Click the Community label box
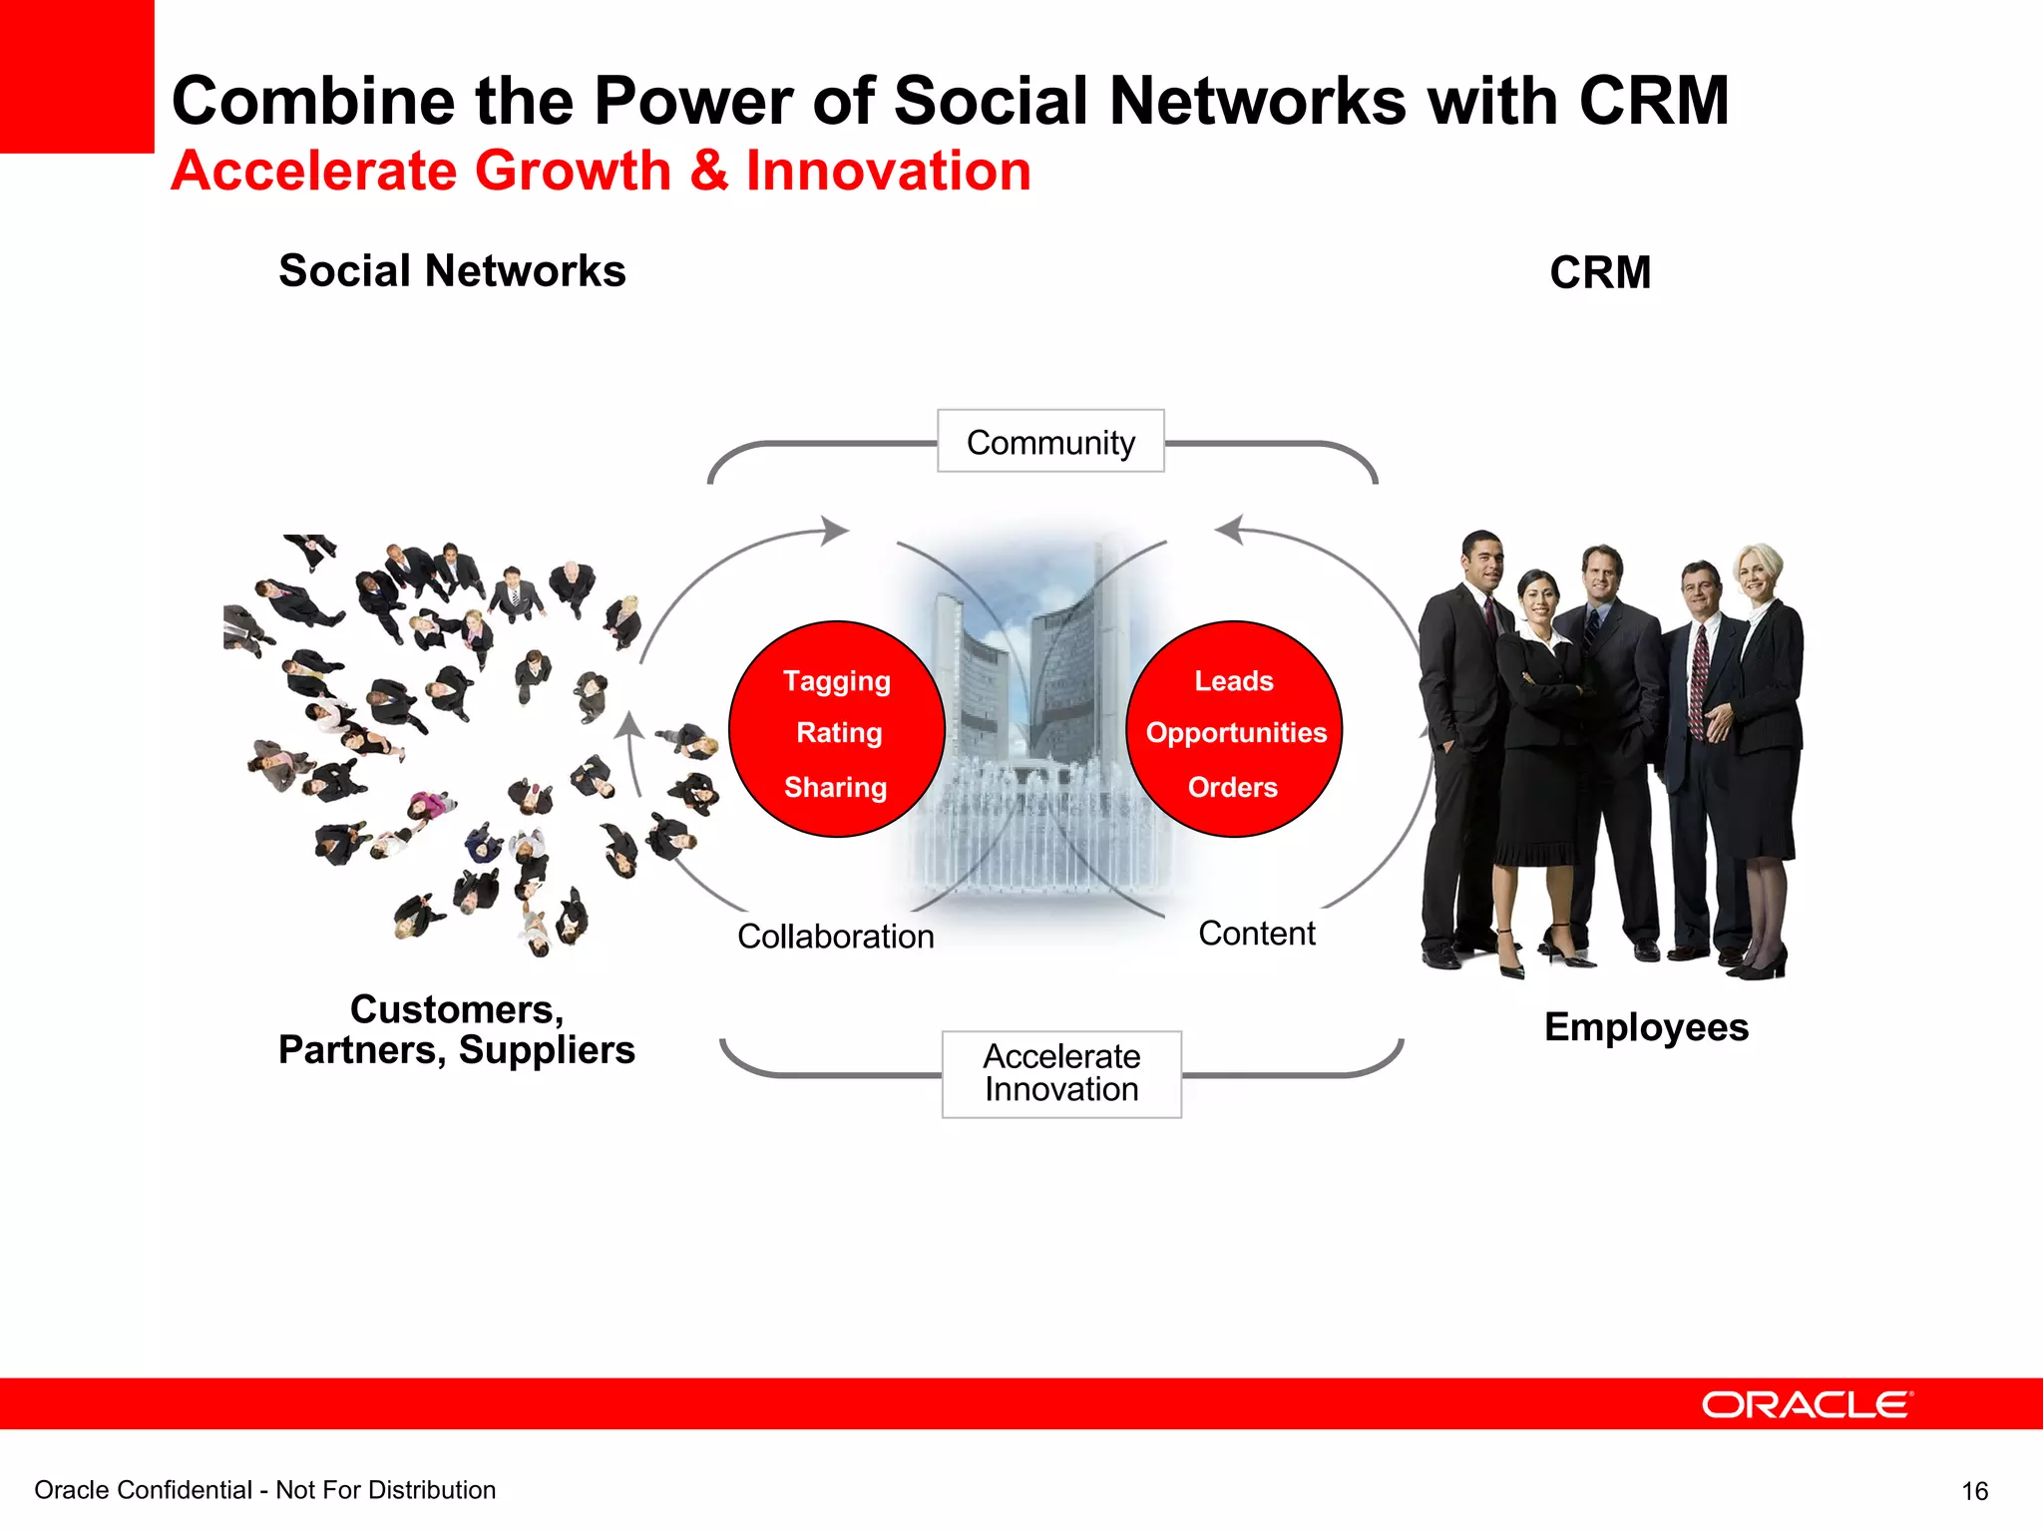click(x=1050, y=441)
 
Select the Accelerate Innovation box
click(x=1061, y=1073)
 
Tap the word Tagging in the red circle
click(x=836, y=681)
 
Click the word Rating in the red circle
click(x=839, y=733)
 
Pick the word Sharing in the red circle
click(x=835, y=787)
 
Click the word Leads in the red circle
click(x=1234, y=681)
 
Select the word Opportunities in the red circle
click(x=1236, y=733)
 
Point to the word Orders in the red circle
click(x=1232, y=787)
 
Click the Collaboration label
click(x=835, y=937)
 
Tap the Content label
click(x=1256, y=934)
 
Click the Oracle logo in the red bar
click(x=1807, y=1404)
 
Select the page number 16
click(x=1974, y=1491)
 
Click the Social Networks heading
click(x=452, y=271)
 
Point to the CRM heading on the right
click(x=1600, y=273)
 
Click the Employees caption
click(x=1646, y=1027)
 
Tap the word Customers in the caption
click(x=456, y=1009)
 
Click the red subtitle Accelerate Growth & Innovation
click(x=601, y=171)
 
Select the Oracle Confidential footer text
click(x=264, y=1490)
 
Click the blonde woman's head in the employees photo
click(x=1758, y=569)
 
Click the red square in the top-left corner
click(x=77, y=76)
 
